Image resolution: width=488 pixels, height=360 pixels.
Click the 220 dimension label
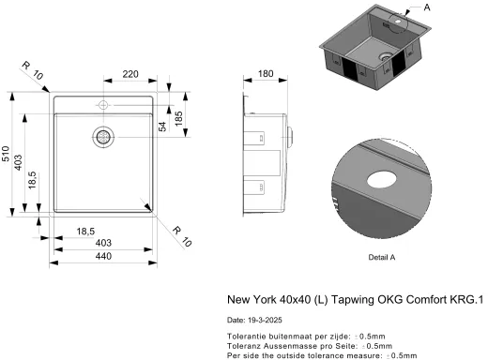pyautogui.click(x=130, y=74)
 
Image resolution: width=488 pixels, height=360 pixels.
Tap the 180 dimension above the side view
pyautogui.click(x=266, y=73)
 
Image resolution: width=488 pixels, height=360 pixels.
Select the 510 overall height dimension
pyautogui.click(x=6, y=154)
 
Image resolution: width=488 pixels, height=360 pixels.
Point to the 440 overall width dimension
pyautogui.click(x=103, y=256)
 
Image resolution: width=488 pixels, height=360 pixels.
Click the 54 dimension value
pyautogui.click(x=162, y=127)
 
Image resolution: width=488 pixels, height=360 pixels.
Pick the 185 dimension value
pyautogui.click(x=178, y=118)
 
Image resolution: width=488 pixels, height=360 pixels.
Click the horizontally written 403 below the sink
pyautogui.click(x=103, y=243)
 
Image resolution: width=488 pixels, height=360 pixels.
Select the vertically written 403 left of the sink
pyautogui.click(x=19, y=162)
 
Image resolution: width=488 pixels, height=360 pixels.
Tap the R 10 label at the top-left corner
pyautogui.click(x=32, y=70)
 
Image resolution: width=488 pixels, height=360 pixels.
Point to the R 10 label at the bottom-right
pyautogui.click(x=182, y=236)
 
